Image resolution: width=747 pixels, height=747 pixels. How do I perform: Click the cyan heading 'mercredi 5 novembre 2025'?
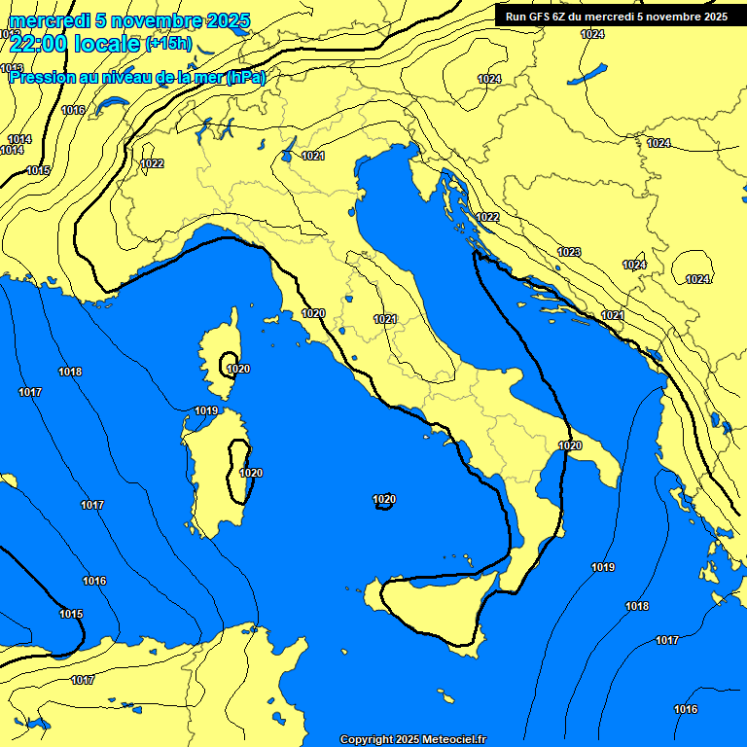point(129,20)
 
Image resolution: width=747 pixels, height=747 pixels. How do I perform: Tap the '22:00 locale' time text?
point(75,43)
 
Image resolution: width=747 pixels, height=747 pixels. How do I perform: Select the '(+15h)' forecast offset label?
point(167,44)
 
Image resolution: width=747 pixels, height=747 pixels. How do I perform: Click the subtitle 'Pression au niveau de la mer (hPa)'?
point(136,77)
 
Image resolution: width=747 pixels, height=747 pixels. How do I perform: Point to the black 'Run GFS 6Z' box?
point(616,16)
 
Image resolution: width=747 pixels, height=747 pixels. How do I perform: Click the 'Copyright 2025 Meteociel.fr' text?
point(412,739)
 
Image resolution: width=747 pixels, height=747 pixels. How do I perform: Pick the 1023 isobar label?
point(569,253)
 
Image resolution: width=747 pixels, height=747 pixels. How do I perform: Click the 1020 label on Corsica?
point(237,369)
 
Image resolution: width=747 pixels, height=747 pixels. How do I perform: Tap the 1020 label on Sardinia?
point(251,473)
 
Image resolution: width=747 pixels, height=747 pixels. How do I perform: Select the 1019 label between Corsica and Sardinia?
point(206,410)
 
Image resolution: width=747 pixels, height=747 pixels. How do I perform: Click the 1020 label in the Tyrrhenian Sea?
point(384,500)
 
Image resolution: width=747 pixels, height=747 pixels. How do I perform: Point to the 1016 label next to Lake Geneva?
point(73,110)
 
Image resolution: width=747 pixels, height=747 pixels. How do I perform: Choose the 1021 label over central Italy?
point(385,319)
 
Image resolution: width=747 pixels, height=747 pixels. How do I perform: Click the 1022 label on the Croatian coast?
point(487,217)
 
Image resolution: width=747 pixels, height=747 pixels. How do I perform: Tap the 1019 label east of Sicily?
point(603,567)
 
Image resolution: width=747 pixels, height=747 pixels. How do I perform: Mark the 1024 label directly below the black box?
point(591,35)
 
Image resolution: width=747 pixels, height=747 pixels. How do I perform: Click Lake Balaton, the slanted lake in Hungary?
point(591,74)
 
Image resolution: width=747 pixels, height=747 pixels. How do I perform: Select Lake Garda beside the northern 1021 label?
point(289,148)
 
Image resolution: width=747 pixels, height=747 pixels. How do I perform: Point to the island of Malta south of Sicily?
point(447,698)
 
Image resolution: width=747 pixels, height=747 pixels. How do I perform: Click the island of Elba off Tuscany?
point(273,318)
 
